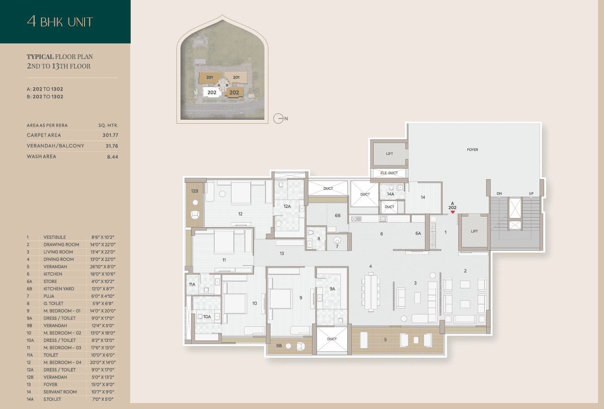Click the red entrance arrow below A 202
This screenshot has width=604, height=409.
tap(453, 212)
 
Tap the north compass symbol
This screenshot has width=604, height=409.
tap(281, 118)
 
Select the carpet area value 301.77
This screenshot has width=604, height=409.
tap(110, 135)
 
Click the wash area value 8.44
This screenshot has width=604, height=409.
tap(112, 157)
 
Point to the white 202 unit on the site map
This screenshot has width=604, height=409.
tap(212, 92)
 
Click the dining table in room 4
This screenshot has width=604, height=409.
tap(371, 292)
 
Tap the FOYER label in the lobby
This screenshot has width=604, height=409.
tap(472, 149)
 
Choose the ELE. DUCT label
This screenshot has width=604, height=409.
tap(389, 173)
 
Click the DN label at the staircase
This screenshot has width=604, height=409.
tap(499, 193)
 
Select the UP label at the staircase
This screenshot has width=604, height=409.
tap(531, 193)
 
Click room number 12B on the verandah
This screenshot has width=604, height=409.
tap(195, 191)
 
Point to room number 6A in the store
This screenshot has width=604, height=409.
tap(418, 234)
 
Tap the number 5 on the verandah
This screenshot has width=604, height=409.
tap(385, 340)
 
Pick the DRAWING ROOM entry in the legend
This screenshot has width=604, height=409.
tap(61, 244)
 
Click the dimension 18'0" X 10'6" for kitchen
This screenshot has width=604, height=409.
tap(103, 274)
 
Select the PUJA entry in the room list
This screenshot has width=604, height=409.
tap(49, 296)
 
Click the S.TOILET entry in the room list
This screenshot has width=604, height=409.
tap(52, 399)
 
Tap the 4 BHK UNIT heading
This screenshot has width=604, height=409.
tap(60, 21)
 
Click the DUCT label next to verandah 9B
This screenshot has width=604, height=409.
tap(332, 339)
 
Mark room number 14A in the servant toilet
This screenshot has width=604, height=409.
tap(391, 194)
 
